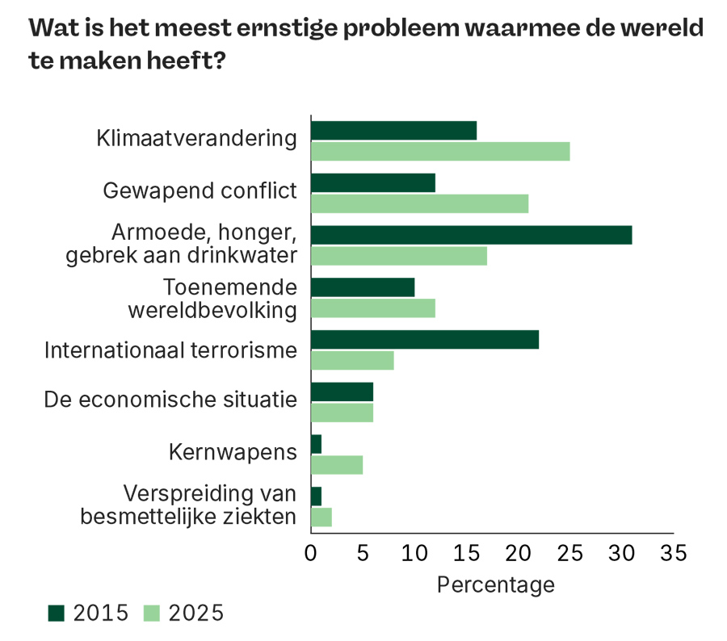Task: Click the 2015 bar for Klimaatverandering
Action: pos(393,131)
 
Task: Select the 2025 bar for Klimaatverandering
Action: pos(440,152)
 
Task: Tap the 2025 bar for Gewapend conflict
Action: pos(419,203)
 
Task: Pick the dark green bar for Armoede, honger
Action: pos(471,235)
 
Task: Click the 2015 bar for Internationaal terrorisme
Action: pos(424,340)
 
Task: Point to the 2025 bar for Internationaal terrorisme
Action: pos(352,361)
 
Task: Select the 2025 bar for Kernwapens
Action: pos(337,465)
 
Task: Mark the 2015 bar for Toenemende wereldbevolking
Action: pos(363,287)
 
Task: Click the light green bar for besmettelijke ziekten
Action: pos(321,517)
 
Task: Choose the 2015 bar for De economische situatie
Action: pos(342,392)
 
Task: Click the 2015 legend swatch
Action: pos(57,614)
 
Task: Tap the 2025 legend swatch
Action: pos(152,614)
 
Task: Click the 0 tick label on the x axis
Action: pos(311,553)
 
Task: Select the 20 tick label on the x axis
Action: pos(518,553)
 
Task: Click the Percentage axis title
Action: pos(495,584)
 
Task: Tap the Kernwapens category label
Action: pos(233,452)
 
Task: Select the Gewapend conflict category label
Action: pos(200,191)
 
